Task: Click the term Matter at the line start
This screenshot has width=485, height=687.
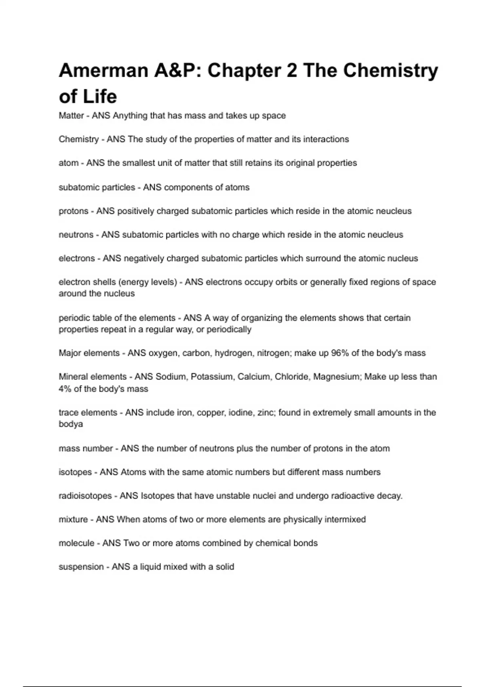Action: click(x=71, y=116)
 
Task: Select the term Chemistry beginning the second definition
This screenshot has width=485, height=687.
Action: click(x=78, y=139)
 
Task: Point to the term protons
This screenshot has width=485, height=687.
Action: click(x=73, y=211)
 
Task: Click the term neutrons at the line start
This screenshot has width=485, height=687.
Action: click(x=76, y=235)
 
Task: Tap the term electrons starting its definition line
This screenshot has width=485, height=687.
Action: click(x=76, y=259)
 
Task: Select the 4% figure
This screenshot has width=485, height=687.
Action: click(x=65, y=389)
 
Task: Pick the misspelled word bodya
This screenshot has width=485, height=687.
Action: click(x=71, y=424)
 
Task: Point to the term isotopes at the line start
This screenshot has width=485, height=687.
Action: click(x=75, y=472)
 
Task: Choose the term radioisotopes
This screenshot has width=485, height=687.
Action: click(x=85, y=496)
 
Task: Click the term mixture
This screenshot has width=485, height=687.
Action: click(x=73, y=520)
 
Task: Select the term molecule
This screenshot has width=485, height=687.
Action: click(x=76, y=543)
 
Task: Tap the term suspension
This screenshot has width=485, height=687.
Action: click(x=81, y=567)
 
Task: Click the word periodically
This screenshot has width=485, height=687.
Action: click(x=229, y=330)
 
